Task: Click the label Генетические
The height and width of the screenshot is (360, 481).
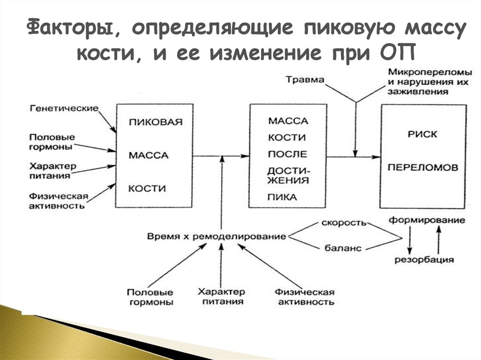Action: point(64,108)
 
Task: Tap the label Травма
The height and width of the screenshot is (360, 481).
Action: point(306,80)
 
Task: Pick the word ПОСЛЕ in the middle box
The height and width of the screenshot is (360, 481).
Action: point(287,154)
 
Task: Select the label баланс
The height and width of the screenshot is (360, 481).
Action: point(343,248)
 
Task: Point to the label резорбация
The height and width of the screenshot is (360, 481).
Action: point(424,260)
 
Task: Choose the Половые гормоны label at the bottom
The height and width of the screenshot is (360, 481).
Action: point(150,297)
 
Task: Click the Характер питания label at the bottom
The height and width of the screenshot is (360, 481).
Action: point(220,297)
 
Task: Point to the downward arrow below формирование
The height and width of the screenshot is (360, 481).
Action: point(411,240)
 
